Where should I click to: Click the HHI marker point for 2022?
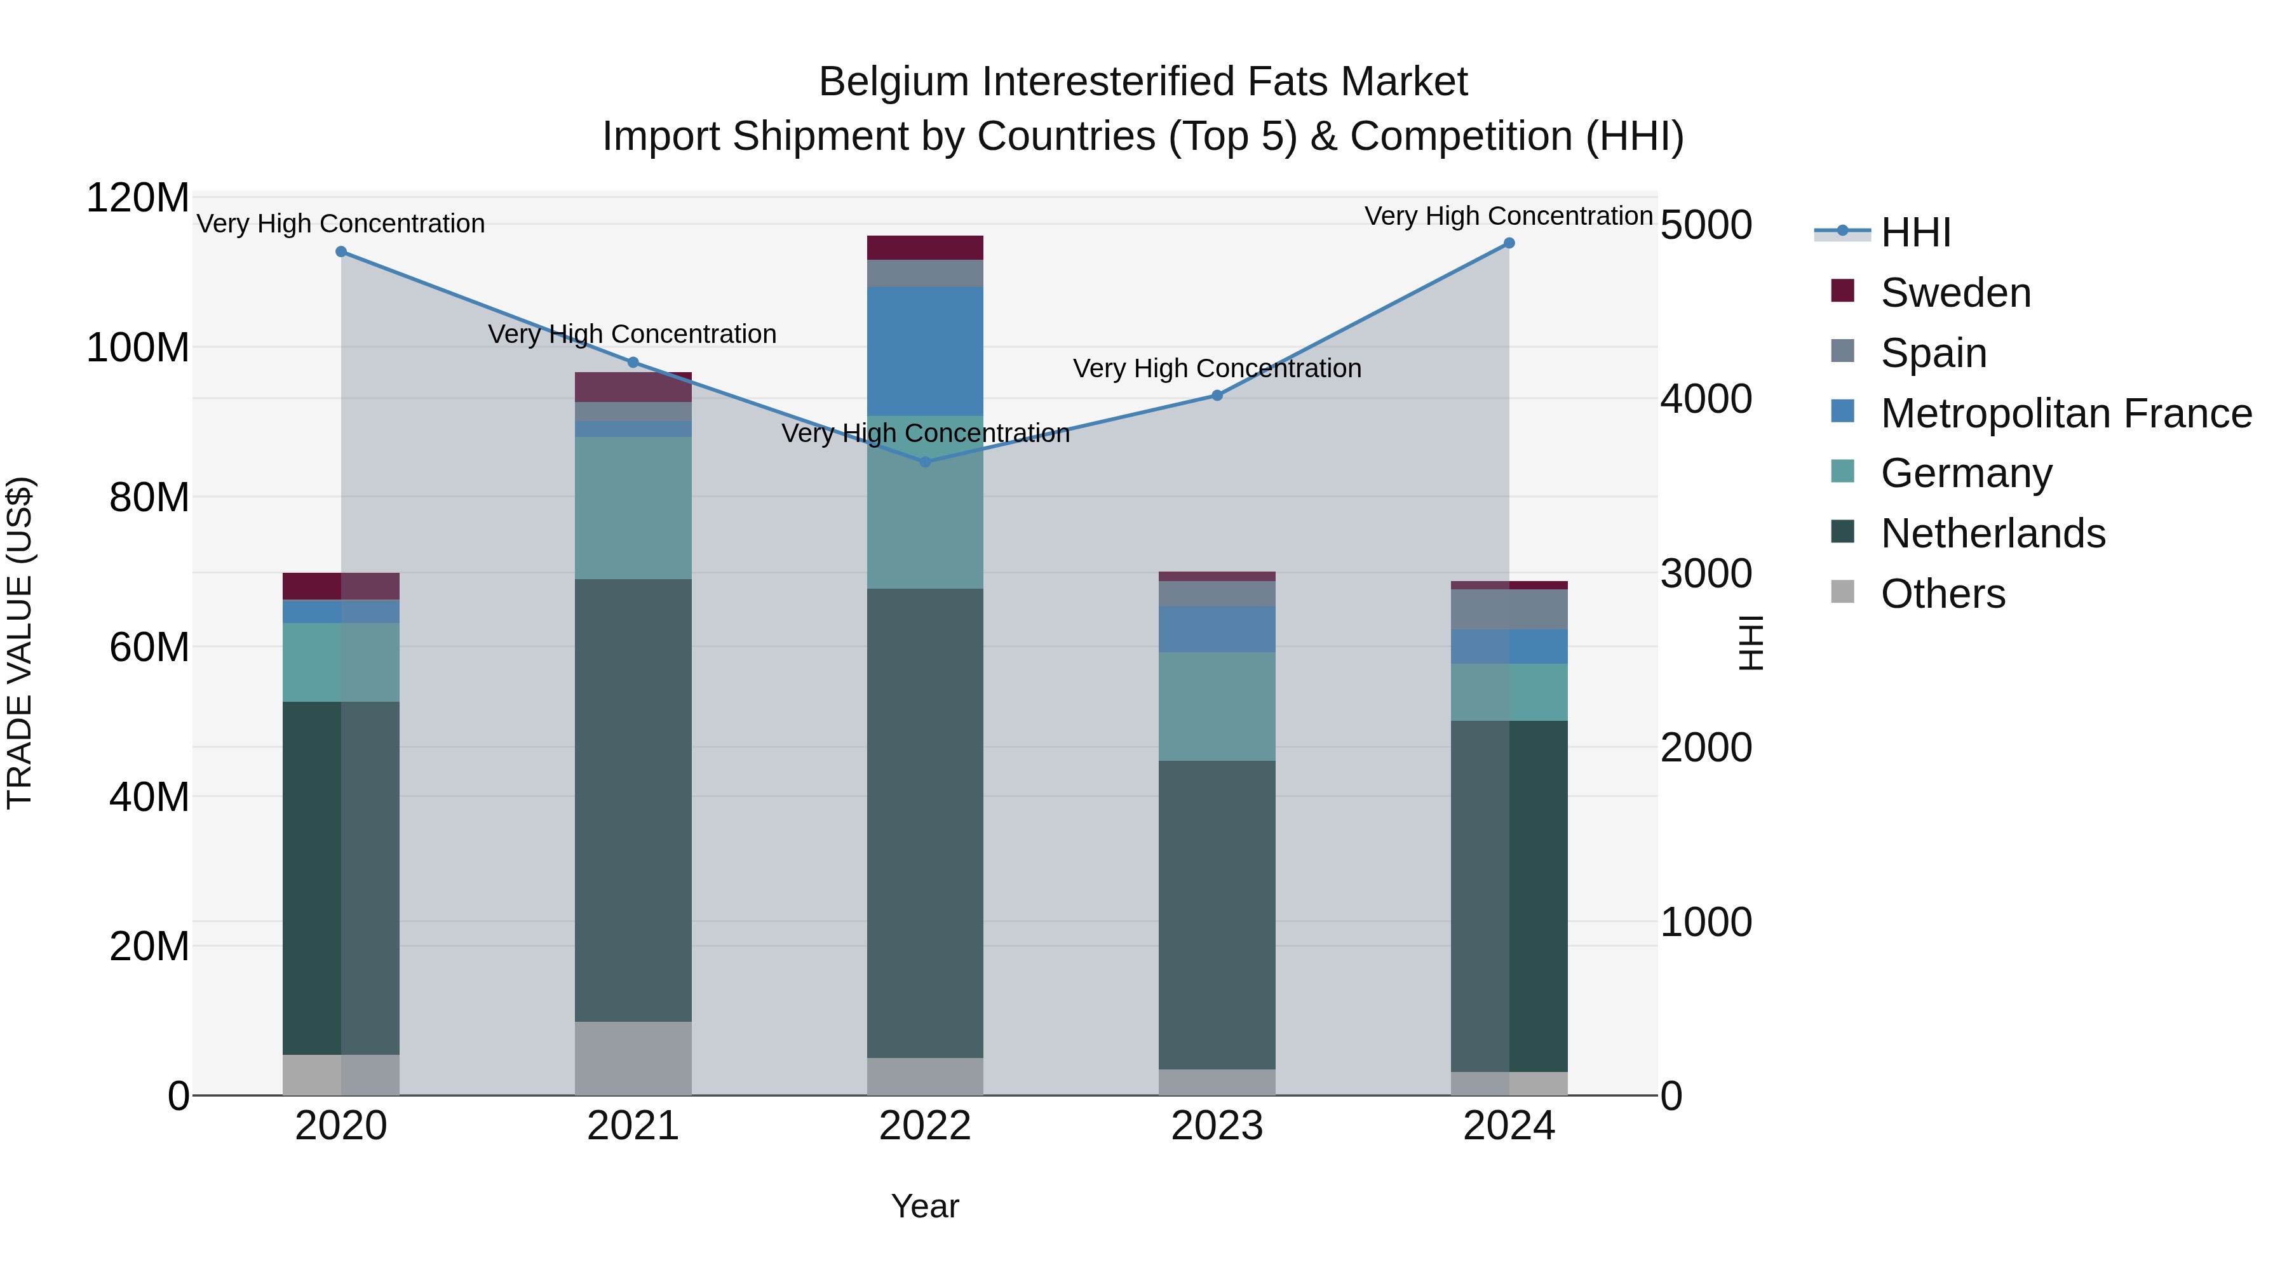coord(924,462)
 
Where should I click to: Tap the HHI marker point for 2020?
coord(341,252)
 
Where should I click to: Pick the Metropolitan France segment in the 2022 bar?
coord(924,351)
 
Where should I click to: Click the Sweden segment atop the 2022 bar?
coord(924,248)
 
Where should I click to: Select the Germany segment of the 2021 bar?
coord(633,507)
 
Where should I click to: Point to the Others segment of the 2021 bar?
coord(633,1058)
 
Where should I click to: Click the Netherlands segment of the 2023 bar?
coord(1217,914)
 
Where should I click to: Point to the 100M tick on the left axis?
coord(138,348)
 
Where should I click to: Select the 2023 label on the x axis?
coord(1217,1126)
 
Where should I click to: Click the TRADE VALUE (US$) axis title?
coord(20,643)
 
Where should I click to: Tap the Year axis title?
coord(924,1206)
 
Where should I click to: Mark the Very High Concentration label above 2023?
coord(1217,368)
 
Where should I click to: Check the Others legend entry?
coord(1943,594)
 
